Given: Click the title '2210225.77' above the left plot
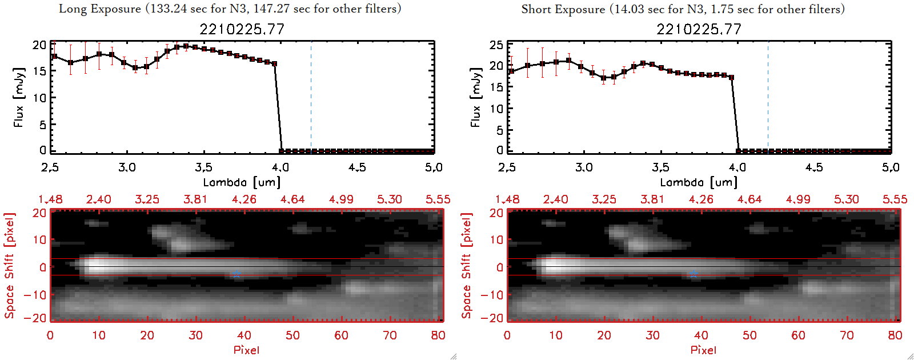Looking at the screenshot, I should click(x=242, y=29).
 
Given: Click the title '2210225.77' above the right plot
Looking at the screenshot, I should click(x=699, y=29).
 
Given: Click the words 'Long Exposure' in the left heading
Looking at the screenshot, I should click(x=100, y=9).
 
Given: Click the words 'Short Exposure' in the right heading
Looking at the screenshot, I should click(x=563, y=9).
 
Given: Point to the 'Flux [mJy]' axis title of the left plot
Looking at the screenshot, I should click(x=19, y=97).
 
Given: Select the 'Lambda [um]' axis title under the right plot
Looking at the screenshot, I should click(x=699, y=182).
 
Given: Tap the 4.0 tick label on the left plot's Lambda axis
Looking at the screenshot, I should click(x=280, y=167).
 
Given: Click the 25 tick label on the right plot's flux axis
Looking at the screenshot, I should click(x=496, y=45).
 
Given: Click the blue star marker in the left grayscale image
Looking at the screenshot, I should click(x=236, y=275).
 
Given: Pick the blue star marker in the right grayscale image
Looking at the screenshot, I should click(x=693, y=275).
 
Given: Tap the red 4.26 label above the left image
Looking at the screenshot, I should click(x=244, y=199).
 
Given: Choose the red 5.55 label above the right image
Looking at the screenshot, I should click(x=895, y=199).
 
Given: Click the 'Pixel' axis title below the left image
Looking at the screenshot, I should click(x=246, y=350).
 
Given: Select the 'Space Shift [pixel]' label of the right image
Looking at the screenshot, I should click(x=467, y=266).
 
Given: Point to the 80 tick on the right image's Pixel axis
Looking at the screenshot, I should click(x=895, y=335).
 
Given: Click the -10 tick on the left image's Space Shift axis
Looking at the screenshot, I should click(x=35, y=294).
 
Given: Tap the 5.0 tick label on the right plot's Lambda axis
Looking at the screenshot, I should click(x=891, y=167).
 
